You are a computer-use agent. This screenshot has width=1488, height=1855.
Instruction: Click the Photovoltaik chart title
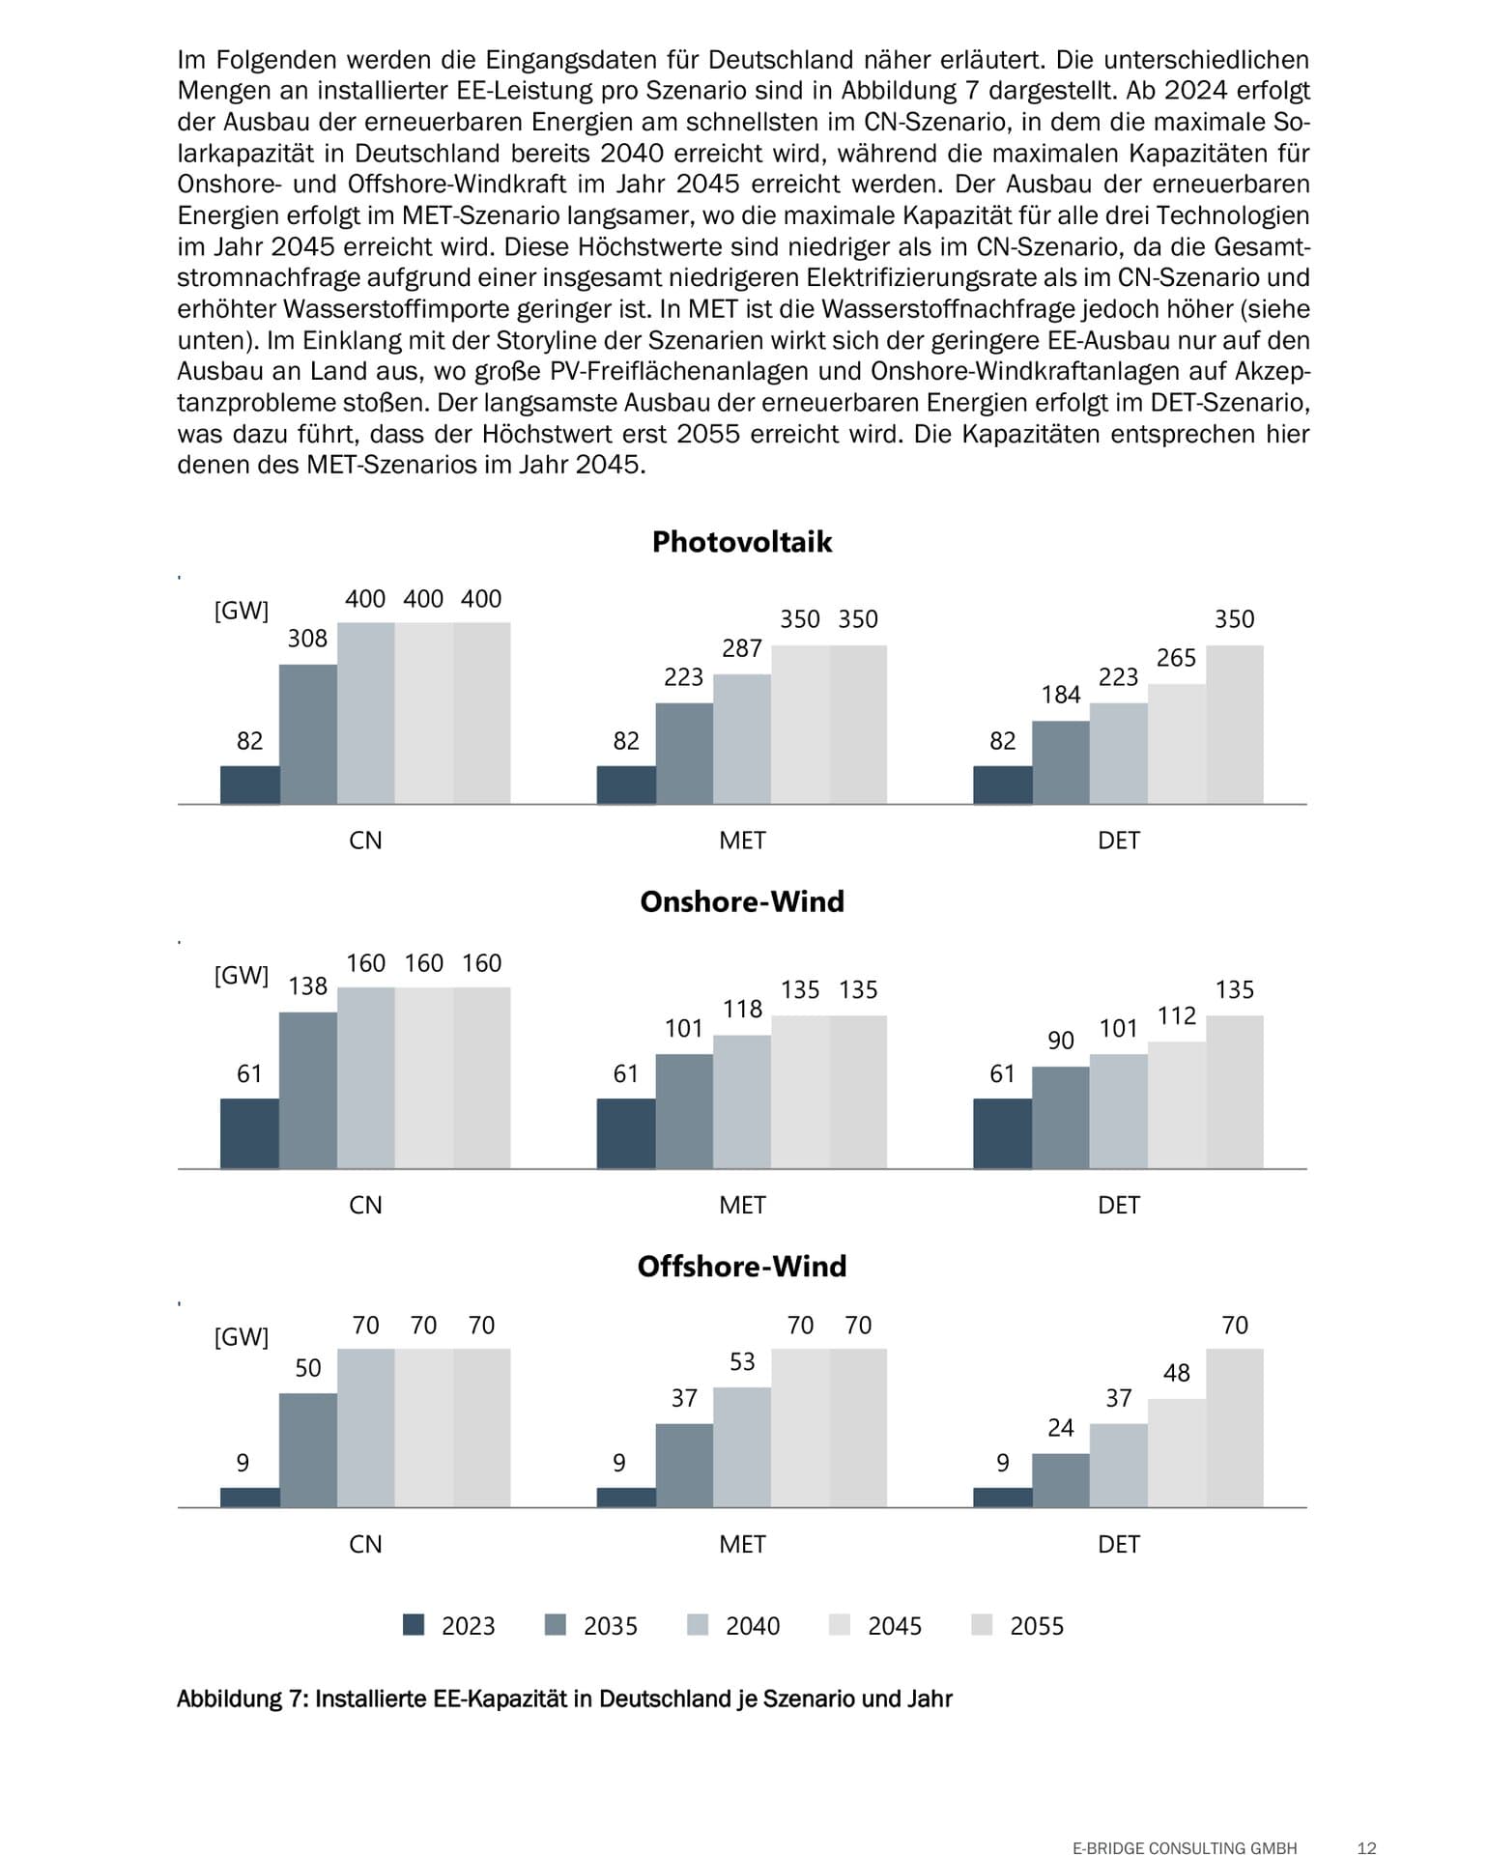click(x=741, y=542)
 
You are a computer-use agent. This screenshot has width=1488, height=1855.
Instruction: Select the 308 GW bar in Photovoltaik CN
click(x=308, y=734)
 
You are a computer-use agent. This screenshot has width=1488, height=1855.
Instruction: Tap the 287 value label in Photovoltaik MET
click(x=742, y=648)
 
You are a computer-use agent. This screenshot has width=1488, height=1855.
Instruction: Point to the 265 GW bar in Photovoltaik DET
click(x=1176, y=744)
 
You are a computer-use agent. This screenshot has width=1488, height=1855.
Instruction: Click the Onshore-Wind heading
click(x=741, y=901)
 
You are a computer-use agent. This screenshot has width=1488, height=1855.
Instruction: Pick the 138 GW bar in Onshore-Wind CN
click(x=308, y=1090)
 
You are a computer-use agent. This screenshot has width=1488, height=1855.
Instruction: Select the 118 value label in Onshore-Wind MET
click(x=742, y=1009)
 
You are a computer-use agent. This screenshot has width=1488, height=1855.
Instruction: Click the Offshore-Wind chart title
click(x=741, y=1267)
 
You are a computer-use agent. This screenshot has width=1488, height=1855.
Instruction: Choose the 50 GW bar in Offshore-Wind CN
click(x=308, y=1449)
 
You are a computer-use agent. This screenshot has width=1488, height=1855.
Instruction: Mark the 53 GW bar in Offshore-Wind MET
click(x=742, y=1446)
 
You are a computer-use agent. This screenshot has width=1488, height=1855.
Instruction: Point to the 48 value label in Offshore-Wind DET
click(x=1176, y=1373)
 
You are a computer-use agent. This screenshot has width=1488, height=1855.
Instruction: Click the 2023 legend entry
click(x=449, y=1626)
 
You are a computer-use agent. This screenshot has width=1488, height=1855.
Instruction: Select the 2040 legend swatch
click(x=698, y=1625)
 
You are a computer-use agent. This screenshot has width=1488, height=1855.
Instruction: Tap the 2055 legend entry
click(x=1018, y=1626)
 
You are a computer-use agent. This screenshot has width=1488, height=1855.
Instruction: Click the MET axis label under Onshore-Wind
click(x=742, y=1205)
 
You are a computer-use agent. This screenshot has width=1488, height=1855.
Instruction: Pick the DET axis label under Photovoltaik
click(x=1118, y=841)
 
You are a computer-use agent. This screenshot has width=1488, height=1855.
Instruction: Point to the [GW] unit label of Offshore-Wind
click(x=241, y=1337)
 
